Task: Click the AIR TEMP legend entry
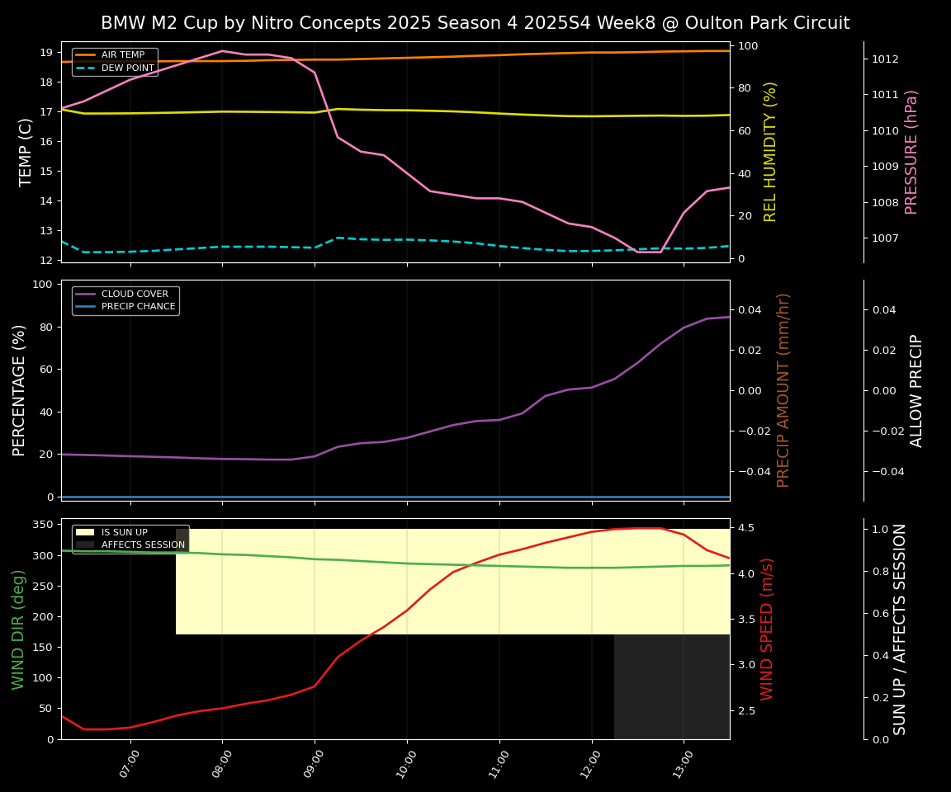[x=122, y=54]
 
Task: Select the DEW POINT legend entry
[x=127, y=68]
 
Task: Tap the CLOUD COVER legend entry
[x=135, y=294]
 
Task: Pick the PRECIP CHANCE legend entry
[x=138, y=307]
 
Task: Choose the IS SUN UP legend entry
[x=125, y=532]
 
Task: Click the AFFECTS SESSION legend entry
[x=143, y=544]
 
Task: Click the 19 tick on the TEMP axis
[x=46, y=52]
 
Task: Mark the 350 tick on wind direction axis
[x=43, y=524]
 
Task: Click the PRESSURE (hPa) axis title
[x=911, y=152]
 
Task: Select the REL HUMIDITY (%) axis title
[x=770, y=152]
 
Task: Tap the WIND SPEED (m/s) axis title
[x=768, y=629]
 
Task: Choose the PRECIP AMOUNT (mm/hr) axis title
[x=783, y=389]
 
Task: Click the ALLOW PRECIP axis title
[x=916, y=390]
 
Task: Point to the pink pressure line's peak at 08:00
[x=222, y=51]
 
